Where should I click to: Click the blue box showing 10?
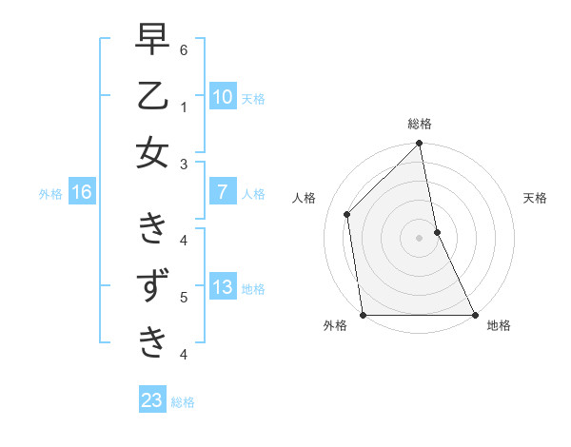[222, 96]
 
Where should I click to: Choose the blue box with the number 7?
[222, 192]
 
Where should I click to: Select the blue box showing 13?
[222, 287]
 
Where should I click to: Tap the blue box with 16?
[81, 192]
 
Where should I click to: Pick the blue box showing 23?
[152, 400]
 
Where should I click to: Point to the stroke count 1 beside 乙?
[184, 107]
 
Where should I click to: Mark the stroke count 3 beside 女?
[184, 165]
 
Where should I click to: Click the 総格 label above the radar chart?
[420, 124]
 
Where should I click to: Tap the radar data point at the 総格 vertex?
[420, 145]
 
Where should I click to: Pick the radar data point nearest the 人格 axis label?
[347, 214]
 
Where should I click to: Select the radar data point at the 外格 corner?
[364, 315]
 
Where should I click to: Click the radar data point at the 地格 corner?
[475, 315]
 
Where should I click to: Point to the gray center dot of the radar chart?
[420, 238]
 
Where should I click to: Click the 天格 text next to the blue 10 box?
[252, 98]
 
